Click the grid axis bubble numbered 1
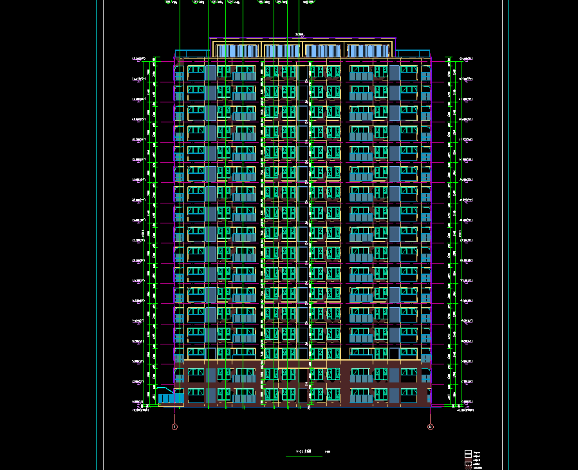tap(174, 426)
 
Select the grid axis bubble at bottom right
tap(430, 426)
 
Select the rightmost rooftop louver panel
tap(368, 51)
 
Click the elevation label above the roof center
tap(299, 34)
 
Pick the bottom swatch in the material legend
tap(468, 468)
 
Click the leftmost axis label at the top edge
tap(172, 3)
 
